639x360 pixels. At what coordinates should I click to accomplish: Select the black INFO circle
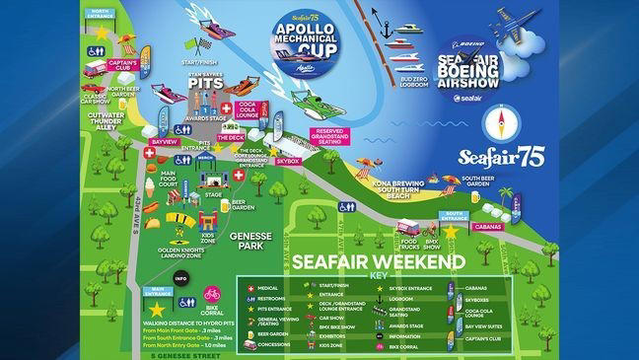tap(181, 278)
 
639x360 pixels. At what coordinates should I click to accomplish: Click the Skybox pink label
tap(287, 158)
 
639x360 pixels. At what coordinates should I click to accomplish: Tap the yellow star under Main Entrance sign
tap(156, 310)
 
